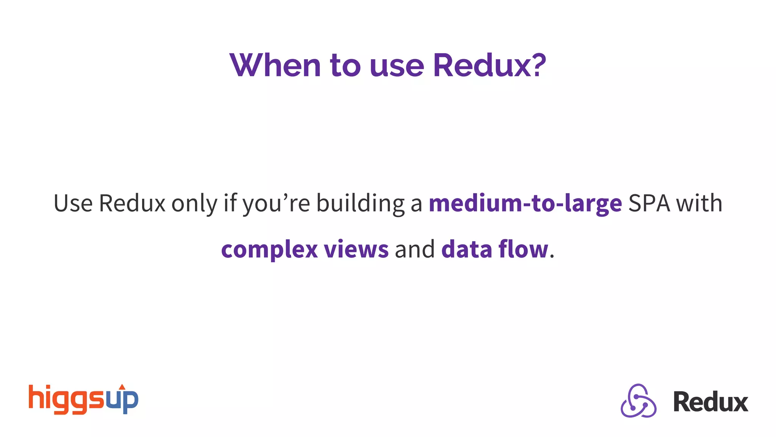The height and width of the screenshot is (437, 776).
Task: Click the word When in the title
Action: point(275,65)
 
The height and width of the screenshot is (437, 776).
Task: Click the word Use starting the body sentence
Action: point(73,203)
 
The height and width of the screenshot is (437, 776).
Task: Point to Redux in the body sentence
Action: point(132,203)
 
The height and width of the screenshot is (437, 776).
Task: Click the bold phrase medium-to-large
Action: point(525,204)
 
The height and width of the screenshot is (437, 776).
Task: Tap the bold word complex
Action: point(269,250)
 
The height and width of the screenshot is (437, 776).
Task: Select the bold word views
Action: point(356,250)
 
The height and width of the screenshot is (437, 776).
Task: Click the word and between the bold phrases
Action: point(415,250)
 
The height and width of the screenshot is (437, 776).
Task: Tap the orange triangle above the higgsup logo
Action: point(122,387)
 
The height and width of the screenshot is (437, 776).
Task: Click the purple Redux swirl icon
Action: point(638,401)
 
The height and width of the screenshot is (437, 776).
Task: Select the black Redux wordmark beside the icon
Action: point(710,402)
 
